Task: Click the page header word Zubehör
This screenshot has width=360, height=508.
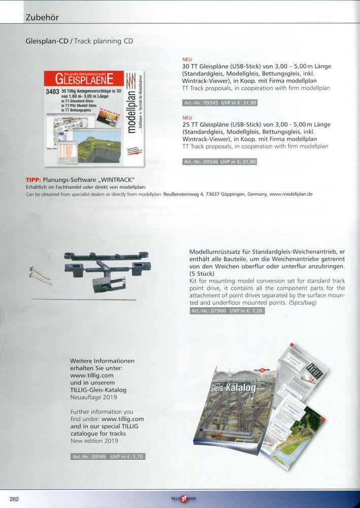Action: [42, 17]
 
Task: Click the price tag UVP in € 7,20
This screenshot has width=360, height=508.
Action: [247, 310]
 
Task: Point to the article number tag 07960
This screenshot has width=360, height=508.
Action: [208, 310]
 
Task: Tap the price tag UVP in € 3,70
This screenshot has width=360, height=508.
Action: [127, 456]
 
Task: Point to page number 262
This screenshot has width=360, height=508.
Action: [14, 499]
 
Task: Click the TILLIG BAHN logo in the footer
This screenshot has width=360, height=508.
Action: [183, 499]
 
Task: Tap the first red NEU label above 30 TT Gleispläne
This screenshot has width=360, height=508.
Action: [187, 59]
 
